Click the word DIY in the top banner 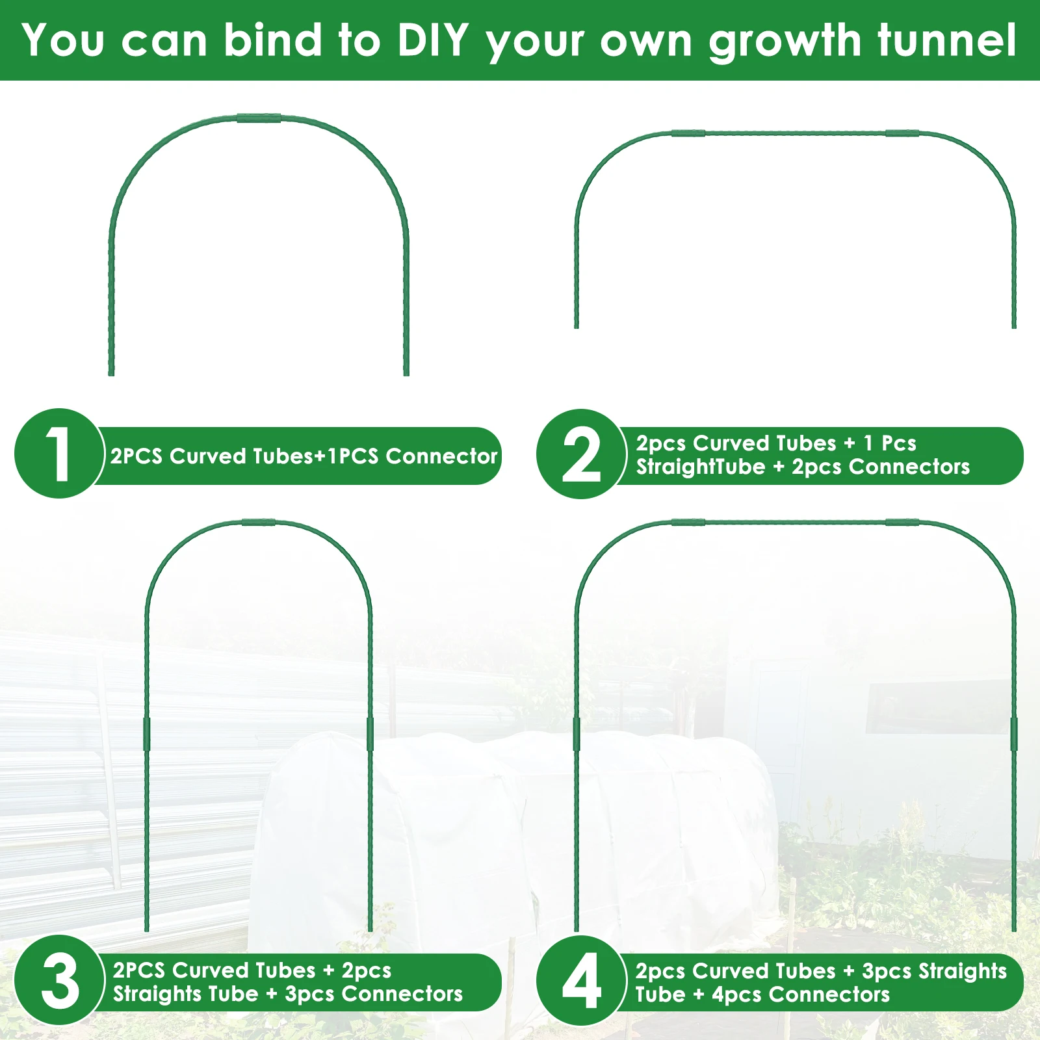(x=433, y=40)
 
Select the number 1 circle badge (x=59, y=453)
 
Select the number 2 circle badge (x=581, y=454)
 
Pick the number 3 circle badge (x=59, y=980)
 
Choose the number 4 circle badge (x=581, y=980)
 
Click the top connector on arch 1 (x=259, y=118)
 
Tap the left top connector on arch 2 (x=688, y=133)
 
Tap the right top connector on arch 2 (x=902, y=133)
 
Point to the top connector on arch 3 (x=259, y=523)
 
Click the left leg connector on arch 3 (x=147, y=734)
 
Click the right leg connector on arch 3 (x=370, y=734)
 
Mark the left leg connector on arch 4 (x=577, y=734)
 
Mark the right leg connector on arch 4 (x=1014, y=734)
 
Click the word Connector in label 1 (x=441, y=456)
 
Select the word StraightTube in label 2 (x=701, y=467)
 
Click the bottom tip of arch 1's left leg (x=111, y=374)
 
